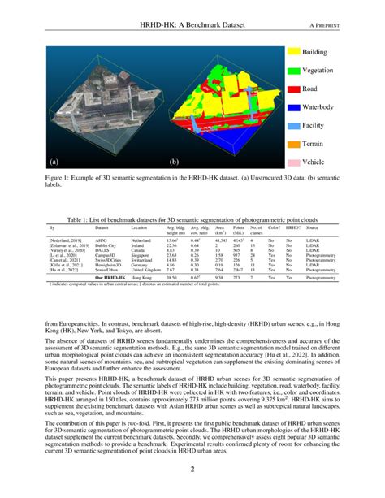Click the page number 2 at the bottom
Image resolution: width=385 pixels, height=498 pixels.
click(192, 470)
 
